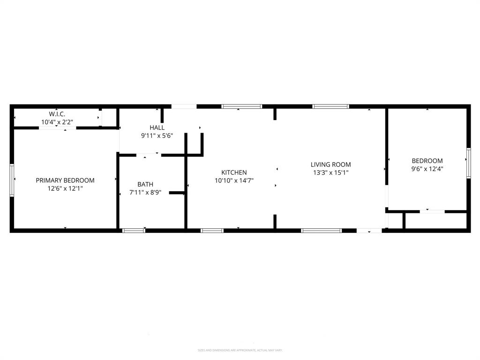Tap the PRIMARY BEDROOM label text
(65, 180)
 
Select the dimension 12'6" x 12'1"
(65, 188)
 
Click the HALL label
(157, 127)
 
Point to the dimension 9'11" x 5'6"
(157, 135)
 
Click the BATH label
(145, 184)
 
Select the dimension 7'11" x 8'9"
(145, 192)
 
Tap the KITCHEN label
(234, 172)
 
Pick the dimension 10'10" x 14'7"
(234, 180)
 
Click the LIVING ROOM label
(330, 165)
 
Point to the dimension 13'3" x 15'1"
(330, 172)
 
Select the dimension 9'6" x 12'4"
(427, 169)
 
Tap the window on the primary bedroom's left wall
(12, 180)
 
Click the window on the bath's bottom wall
(134, 230)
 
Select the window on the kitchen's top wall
(242, 106)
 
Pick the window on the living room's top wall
(331, 106)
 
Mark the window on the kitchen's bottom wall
(212, 230)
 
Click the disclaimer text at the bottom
(240, 350)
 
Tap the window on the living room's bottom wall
(321, 230)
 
